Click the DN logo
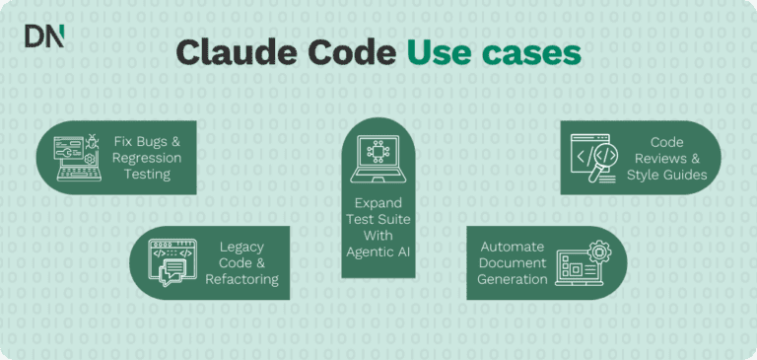pyautogui.click(x=44, y=36)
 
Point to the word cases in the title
pyautogui.click(x=531, y=54)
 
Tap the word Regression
pyautogui.click(x=147, y=158)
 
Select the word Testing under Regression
pyautogui.click(x=147, y=175)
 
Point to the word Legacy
pyautogui.click(x=241, y=246)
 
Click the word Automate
pyautogui.click(x=512, y=246)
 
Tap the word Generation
pyautogui.click(x=512, y=279)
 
